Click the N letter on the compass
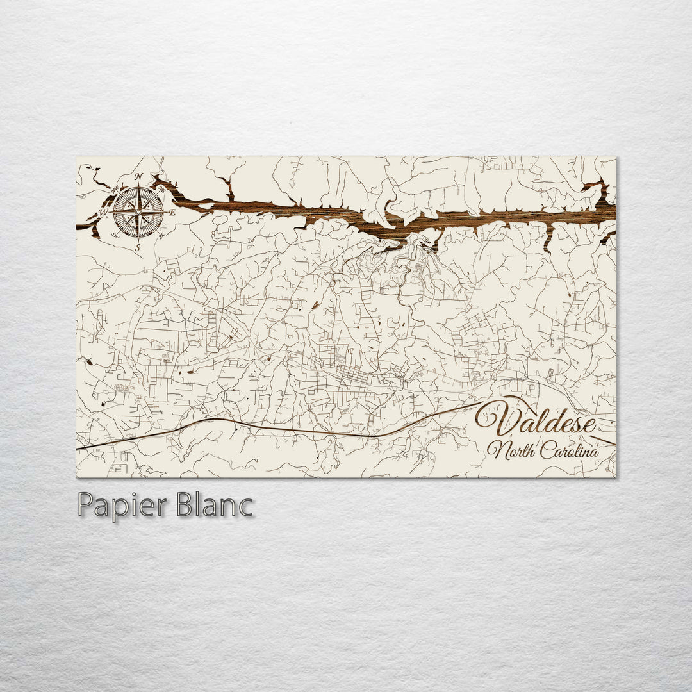[138, 177]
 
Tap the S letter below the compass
[138, 245]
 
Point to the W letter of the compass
[104, 211]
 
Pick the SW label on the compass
[115, 235]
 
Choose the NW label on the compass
[115, 188]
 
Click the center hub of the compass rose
[138, 211]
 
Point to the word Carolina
[569, 451]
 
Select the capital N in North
[495, 451]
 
